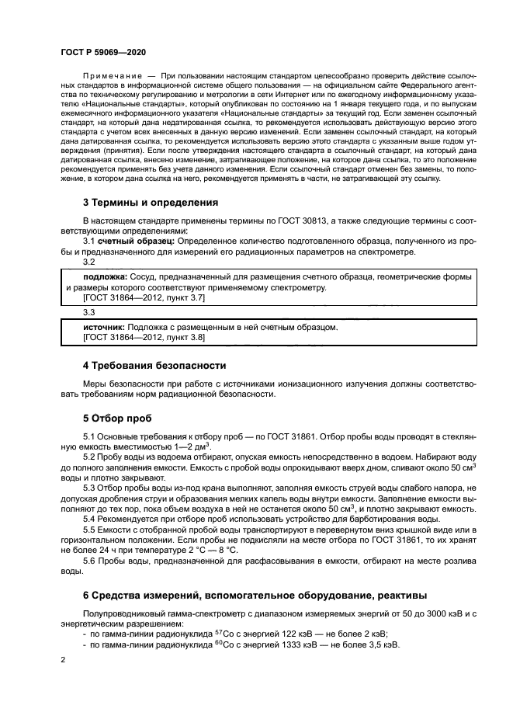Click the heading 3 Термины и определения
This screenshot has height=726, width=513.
coord(150,202)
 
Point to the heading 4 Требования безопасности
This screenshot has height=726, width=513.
coord(154,365)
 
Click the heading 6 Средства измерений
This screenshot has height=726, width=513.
coord(254,596)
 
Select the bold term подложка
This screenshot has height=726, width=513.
coord(105,276)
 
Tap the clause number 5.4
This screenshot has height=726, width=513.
coord(91,518)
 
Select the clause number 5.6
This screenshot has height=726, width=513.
coord(91,560)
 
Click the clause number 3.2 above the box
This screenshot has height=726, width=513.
coord(89,262)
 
